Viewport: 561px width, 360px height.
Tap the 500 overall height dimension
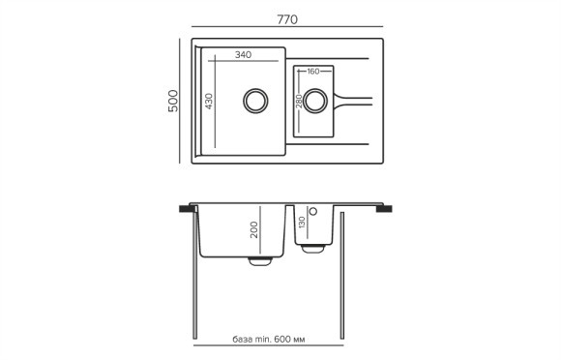[x=174, y=102]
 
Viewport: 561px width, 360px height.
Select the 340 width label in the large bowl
[x=243, y=55]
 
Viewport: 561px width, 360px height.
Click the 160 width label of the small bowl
[x=313, y=72]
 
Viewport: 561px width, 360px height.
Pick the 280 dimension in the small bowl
[x=301, y=101]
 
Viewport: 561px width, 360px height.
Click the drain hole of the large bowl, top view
[x=255, y=101]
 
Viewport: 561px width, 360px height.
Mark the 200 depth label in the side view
[x=254, y=229]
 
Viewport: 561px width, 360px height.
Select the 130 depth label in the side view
[x=302, y=223]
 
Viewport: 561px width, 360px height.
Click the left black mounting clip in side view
[x=184, y=208]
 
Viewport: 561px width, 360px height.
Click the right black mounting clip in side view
[x=384, y=208]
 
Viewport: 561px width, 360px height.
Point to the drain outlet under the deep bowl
[x=260, y=259]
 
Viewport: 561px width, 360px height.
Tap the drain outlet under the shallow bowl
[x=312, y=249]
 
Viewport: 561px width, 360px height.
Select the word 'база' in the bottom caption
[x=244, y=340]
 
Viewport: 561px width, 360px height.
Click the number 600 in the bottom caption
[x=281, y=340]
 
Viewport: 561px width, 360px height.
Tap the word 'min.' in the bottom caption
[x=263, y=340]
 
